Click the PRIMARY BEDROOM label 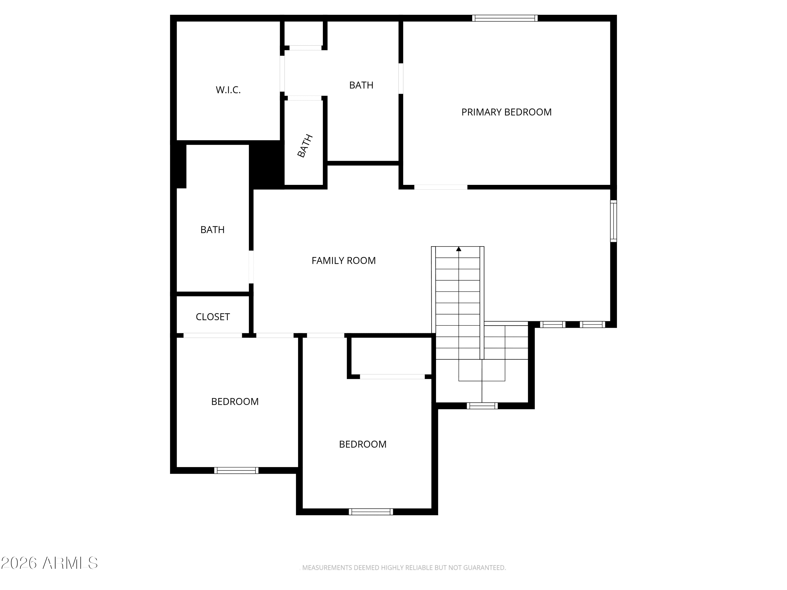click(506, 112)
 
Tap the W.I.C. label click(228, 90)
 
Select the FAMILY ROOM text click(343, 261)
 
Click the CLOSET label click(213, 317)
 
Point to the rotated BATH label click(305, 146)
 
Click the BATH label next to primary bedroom click(361, 85)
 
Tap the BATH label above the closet click(212, 230)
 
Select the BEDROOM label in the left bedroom click(235, 401)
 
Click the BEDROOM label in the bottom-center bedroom click(363, 444)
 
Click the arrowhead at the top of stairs click(459, 249)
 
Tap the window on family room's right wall click(613, 221)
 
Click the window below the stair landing click(482, 406)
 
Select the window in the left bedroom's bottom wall click(236, 470)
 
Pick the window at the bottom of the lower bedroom click(371, 512)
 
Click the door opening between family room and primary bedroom click(440, 187)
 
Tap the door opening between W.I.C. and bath click(282, 74)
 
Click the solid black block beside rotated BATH click(267, 165)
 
